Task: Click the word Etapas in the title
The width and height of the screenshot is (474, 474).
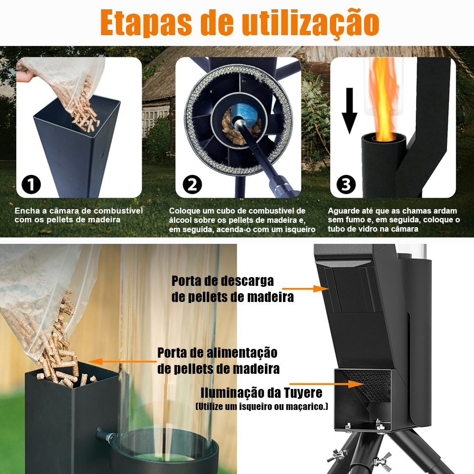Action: coord(146,23)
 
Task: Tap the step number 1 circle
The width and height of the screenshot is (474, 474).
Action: coord(31,184)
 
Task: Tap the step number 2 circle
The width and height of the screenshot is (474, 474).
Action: coord(192,184)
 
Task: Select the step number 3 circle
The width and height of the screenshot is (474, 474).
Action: coord(346,184)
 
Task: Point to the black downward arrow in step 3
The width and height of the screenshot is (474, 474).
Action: coord(349,110)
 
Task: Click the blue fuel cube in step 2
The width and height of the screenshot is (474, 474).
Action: coord(244,115)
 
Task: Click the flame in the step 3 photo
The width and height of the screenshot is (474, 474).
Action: coord(383,100)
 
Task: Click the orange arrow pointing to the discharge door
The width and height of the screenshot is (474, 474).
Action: coord(305,289)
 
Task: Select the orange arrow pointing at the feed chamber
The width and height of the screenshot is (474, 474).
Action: coord(123,362)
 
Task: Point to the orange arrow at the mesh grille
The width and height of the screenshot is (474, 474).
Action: coord(326,384)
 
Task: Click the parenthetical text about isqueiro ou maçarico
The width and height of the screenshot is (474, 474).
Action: coord(262,407)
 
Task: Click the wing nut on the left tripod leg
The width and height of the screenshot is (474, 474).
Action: coord(339,454)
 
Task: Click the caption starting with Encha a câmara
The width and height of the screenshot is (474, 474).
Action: coord(79,215)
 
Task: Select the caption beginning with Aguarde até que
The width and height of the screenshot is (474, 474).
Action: coord(394,220)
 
